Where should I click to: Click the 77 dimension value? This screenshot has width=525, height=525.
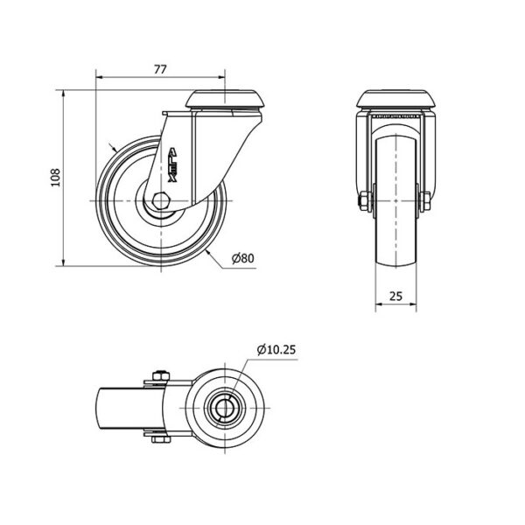[160, 69]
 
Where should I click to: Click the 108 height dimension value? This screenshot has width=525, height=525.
[55, 178]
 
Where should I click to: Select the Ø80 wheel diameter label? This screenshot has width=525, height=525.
[243, 258]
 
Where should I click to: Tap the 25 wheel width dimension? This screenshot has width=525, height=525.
[395, 296]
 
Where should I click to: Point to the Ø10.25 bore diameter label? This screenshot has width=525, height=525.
[276, 350]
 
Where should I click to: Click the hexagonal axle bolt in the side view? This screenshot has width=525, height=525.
[161, 201]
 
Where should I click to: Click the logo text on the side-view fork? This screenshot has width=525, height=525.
[172, 165]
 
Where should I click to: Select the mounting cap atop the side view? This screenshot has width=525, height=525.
[225, 99]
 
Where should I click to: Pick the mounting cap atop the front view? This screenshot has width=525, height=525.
[396, 99]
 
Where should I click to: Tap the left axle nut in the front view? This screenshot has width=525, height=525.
[365, 201]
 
